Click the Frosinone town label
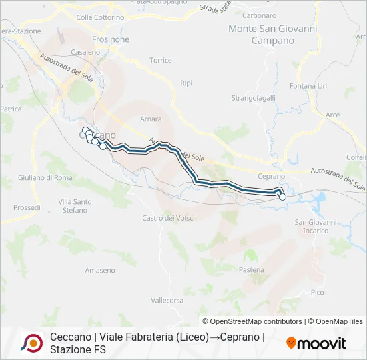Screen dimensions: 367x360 (111, 39)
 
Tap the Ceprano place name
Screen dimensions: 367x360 (272, 176)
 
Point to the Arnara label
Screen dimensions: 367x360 (151, 120)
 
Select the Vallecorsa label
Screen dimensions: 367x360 (167, 301)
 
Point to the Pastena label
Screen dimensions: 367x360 (252, 270)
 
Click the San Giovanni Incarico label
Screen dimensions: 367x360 (312, 226)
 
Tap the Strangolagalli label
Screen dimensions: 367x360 (253, 98)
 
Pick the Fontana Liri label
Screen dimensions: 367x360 (308, 86)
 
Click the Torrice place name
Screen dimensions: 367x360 (161, 60)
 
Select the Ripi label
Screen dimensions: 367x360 (186, 83)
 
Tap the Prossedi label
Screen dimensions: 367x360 (27, 207)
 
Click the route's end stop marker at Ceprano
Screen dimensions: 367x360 (282, 197)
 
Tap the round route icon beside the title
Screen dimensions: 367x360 (32, 343)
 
